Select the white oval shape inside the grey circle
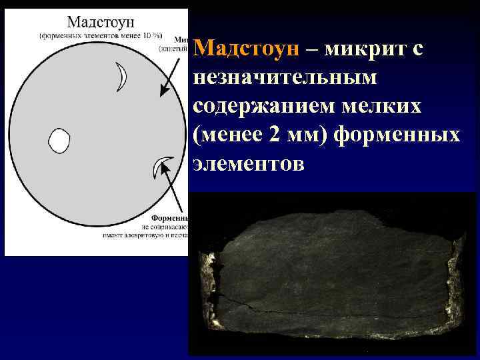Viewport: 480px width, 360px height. click(x=59, y=141)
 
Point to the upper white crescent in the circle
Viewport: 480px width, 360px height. click(x=121, y=76)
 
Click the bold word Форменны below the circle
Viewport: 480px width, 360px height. click(x=170, y=218)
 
